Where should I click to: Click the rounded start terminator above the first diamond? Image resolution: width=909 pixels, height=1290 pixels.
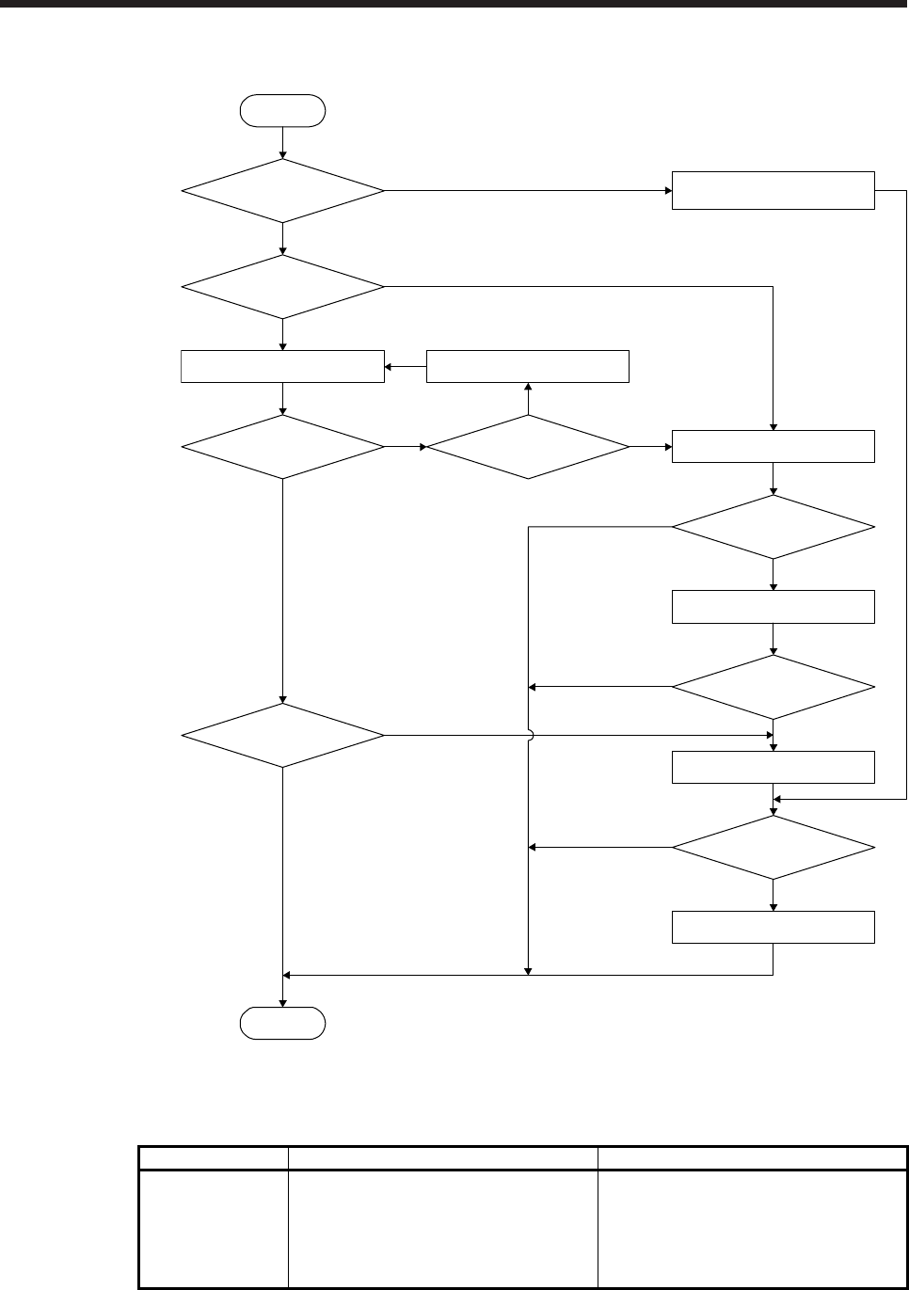283,110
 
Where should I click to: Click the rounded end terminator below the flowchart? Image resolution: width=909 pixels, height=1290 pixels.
283,1023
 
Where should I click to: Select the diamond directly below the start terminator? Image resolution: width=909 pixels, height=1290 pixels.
283,191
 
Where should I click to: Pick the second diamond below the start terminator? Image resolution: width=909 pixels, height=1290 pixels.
283,286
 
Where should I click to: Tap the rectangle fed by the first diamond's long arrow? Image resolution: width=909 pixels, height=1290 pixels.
773,191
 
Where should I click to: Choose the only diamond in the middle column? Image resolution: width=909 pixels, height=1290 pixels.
528,446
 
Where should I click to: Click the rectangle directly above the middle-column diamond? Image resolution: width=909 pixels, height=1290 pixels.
528,366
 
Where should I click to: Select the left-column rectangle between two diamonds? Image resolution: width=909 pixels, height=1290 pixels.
283,366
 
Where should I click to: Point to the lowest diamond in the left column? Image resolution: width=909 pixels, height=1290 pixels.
283,735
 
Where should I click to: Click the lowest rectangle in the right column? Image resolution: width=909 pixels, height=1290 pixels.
773,927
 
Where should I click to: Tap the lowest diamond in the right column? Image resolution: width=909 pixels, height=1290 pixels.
773,847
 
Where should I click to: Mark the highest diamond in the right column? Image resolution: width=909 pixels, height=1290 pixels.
773,527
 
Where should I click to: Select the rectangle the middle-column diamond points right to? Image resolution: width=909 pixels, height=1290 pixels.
773,446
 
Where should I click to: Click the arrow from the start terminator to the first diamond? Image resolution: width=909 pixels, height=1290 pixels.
283,142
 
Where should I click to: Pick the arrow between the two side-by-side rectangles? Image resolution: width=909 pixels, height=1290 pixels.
406,366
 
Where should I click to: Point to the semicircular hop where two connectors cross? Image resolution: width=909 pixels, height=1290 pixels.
530,735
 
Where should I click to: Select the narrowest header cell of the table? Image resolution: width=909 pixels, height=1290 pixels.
214,1157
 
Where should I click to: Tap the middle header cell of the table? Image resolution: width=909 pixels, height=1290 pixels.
442,1157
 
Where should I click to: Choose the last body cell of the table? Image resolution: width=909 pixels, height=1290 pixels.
752,1228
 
